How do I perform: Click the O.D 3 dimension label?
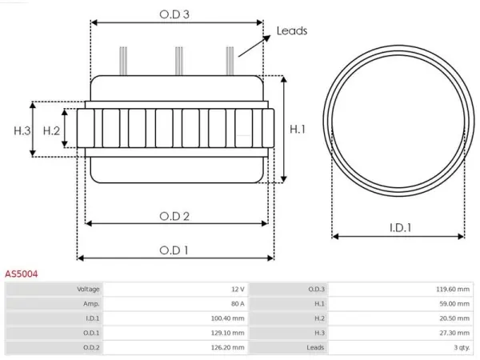point(174,14)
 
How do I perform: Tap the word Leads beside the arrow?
point(292,31)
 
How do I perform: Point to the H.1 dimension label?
point(298,129)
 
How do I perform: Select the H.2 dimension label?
point(51,130)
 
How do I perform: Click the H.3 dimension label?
point(22,130)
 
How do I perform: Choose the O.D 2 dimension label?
point(174,217)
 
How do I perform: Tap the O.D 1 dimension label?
point(174,250)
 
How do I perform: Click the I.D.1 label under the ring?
point(401,227)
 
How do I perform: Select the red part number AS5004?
point(21,274)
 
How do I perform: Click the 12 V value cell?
point(238,290)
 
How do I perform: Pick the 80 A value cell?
point(238,304)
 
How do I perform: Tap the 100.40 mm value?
point(227,318)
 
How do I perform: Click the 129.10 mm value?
point(227,333)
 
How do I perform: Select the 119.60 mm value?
point(453,290)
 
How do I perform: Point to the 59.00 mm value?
point(454,304)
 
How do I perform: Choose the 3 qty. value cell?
point(462,347)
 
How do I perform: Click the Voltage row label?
point(88,290)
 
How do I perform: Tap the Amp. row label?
point(91,304)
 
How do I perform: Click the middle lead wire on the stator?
point(179,61)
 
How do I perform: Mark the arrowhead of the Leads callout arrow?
point(267,38)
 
